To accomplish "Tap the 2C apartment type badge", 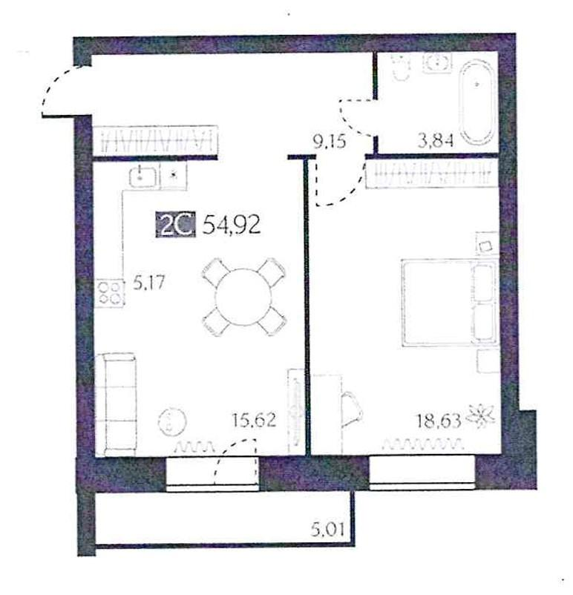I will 174,225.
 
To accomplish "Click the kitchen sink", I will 142,176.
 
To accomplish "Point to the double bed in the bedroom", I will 448,302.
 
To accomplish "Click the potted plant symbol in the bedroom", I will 483,418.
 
